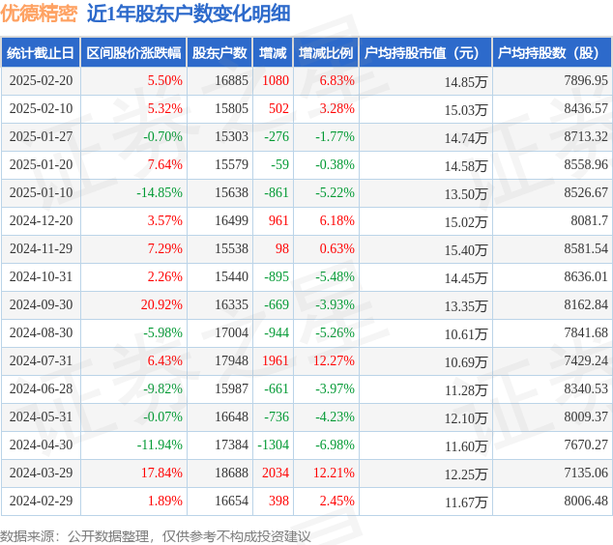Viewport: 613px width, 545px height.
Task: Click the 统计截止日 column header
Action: (41, 53)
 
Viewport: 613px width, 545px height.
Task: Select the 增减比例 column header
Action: (326, 53)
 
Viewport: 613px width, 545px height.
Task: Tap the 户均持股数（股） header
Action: (548, 53)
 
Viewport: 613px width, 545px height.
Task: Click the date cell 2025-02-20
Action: (41, 80)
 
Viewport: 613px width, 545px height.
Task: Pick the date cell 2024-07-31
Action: (41, 360)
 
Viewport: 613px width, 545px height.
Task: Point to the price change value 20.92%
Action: (161, 304)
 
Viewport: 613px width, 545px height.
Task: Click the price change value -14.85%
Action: (160, 192)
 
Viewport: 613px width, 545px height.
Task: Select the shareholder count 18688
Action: (231, 473)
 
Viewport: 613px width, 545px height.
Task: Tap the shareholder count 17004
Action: (231, 332)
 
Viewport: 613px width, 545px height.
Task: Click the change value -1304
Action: (274, 445)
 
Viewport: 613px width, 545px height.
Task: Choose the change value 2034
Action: (276, 473)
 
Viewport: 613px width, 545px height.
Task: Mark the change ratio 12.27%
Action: (334, 360)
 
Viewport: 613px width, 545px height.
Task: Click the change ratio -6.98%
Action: (336, 445)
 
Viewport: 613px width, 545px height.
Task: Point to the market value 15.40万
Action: (466, 250)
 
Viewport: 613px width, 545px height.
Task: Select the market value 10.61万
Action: (466, 334)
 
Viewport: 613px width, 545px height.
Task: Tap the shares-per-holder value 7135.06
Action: (586, 473)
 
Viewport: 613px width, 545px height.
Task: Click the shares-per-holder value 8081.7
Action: (590, 220)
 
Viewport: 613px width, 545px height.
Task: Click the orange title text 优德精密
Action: (39, 14)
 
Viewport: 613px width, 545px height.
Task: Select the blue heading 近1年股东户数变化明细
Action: (189, 14)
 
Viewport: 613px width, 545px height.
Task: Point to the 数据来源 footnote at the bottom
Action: (156, 536)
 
